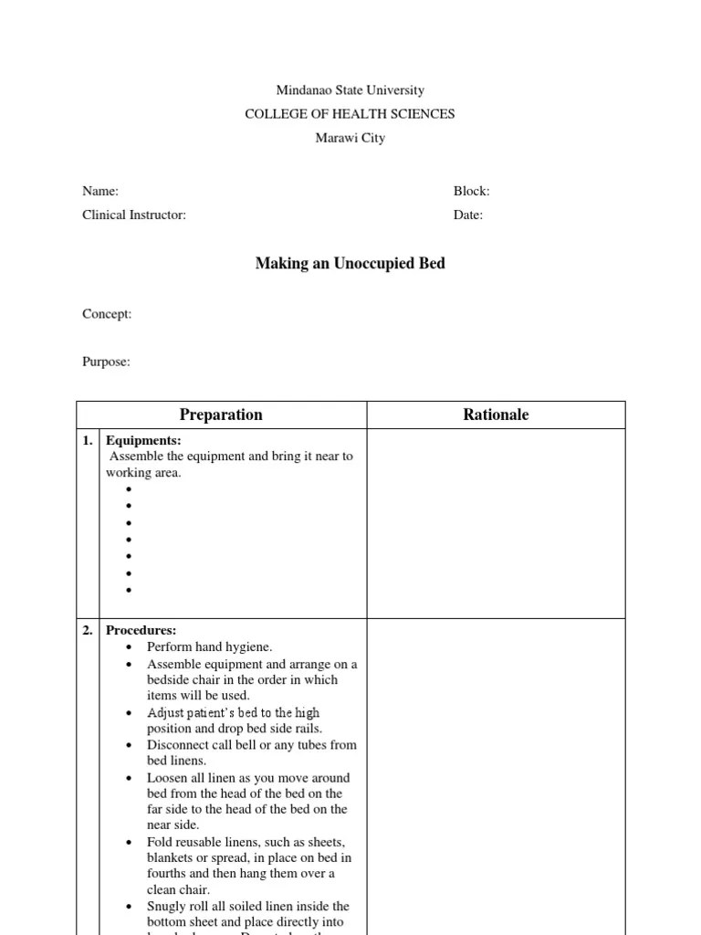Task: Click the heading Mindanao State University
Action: point(350,90)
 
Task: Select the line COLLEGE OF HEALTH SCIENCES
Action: point(350,114)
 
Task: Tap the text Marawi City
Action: point(350,138)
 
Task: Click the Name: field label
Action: point(100,191)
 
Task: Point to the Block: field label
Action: point(472,191)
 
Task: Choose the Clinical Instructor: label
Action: point(134,215)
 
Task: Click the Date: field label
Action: point(468,215)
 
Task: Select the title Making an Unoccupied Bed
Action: point(350,264)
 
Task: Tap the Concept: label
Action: point(107,313)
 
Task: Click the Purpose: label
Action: point(106,362)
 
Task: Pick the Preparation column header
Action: point(221,415)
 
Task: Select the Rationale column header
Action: point(496,415)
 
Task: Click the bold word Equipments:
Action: point(143,440)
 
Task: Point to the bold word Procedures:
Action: point(141,630)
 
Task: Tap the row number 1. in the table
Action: point(88,440)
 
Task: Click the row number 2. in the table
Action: point(88,630)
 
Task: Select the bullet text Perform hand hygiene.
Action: point(210,646)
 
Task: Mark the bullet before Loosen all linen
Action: point(129,779)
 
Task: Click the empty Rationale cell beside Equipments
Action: point(496,523)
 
